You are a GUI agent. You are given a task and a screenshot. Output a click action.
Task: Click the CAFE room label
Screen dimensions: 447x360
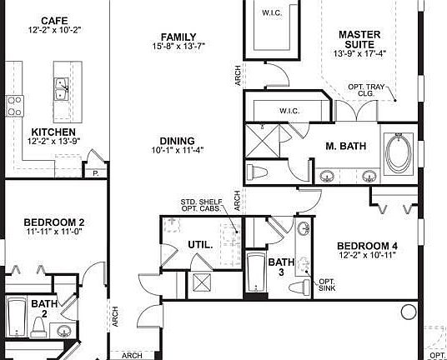pyautogui.click(x=54, y=21)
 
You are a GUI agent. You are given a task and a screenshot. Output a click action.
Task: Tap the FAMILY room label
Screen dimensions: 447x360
pyautogui.click(x=178, y=37)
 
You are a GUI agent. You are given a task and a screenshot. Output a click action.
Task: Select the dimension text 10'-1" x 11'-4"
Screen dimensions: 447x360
pyautogui.click(x=178, y=150)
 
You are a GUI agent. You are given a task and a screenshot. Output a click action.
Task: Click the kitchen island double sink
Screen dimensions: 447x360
pyautogui.click(x=62, y=89)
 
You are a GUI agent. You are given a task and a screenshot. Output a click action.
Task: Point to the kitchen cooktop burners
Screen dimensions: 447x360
pyautogui.click(x=14, y=106)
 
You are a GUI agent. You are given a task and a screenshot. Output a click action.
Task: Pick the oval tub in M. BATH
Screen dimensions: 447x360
pyautogui.click(x=399, y=154)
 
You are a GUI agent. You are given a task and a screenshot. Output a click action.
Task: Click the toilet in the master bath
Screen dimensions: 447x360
pyautogui.click(x=257, y=172)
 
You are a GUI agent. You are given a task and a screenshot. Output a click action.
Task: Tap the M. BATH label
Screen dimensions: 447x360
pyautogui.click(x=346, y=146)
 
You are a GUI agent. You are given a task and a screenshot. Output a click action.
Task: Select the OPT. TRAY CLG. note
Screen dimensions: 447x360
pyautogui.click(x=366, y=90)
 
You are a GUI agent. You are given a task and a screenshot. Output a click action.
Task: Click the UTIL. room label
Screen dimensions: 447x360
pyautogui.click(x=200, y=245)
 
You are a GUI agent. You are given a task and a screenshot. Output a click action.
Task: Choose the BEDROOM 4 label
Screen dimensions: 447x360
pyautogui.click(x=367, y=246)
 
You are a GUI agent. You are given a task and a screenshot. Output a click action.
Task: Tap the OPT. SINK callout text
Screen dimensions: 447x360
pyautogui.click(x=327, y=285)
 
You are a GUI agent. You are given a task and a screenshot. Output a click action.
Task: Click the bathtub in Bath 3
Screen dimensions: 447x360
pyautogui.click(x=256, y=272)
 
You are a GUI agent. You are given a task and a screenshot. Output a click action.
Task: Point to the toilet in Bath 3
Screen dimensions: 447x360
pyautogui.click(x=299, y=286)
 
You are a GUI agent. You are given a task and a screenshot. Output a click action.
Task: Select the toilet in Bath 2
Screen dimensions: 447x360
pyautogui.click(x=38, y=327)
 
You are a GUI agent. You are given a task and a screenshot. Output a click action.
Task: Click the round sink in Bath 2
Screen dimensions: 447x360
pyautogui.click(x=63, y=331)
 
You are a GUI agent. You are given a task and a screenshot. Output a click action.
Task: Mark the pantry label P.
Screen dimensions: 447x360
pyautogui.click(x=96, y=173)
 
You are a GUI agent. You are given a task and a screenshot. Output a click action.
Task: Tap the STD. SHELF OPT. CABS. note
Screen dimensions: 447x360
pyautogui.click(x=201, y=205)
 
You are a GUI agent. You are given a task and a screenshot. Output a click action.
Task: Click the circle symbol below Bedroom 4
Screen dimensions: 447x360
pyautogui.click(x=409, y=312)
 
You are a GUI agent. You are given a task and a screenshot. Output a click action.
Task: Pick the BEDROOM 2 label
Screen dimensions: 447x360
pyautogui.click(x=54, y=222)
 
